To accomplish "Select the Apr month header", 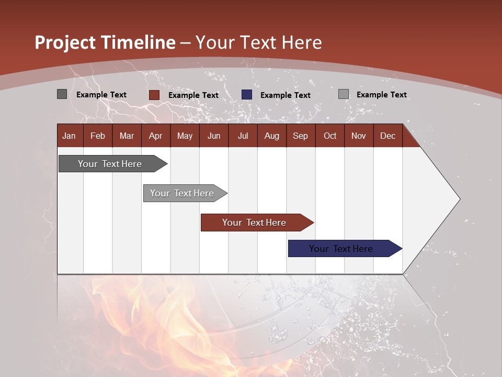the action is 156,136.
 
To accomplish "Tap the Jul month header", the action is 243,136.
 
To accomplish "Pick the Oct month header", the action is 330,136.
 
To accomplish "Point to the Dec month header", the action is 388,136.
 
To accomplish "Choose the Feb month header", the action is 98,136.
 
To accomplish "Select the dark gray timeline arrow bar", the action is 113,164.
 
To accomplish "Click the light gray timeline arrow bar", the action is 185,193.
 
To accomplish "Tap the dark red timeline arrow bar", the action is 257,223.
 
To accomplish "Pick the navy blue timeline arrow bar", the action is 345,248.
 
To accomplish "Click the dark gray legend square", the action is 62,94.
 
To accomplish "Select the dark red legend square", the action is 154,95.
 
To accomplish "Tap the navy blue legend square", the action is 246,95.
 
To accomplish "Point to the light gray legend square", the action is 344,94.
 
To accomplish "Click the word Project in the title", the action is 65,43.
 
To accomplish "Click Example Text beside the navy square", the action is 286,95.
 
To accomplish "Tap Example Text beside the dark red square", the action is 193,95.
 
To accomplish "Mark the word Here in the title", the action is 302,42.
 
